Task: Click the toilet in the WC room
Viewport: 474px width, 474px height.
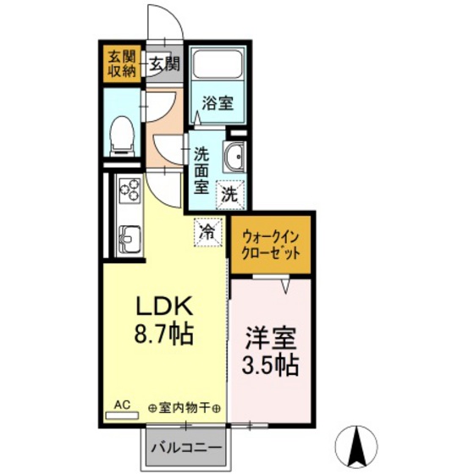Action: coord(122,136)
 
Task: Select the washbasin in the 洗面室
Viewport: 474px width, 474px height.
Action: coord(235,157)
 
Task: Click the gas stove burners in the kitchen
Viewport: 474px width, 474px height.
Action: coord(130,190)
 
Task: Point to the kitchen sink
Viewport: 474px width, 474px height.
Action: coord(130,239)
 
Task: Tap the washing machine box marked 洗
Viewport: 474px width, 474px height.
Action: coord(230,195)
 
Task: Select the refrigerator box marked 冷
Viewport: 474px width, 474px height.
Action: coord(208,233)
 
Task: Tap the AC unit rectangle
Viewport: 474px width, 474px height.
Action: coord(122,416)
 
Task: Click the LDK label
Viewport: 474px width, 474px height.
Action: coord(164,306)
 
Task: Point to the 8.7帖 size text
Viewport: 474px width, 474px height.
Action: coord(163,333)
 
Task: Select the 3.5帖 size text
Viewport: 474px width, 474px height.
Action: coord(270,365)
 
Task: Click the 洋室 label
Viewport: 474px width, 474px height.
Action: coord(271,338)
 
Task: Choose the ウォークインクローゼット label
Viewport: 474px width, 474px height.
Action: coord(271,245)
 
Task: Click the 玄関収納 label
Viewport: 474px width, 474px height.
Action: coord(122,63)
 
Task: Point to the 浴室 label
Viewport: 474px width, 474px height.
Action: coord(218,103)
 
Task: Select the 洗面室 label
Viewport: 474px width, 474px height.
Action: coord(201,170)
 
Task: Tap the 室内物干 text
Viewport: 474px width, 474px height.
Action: coord(185,408)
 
